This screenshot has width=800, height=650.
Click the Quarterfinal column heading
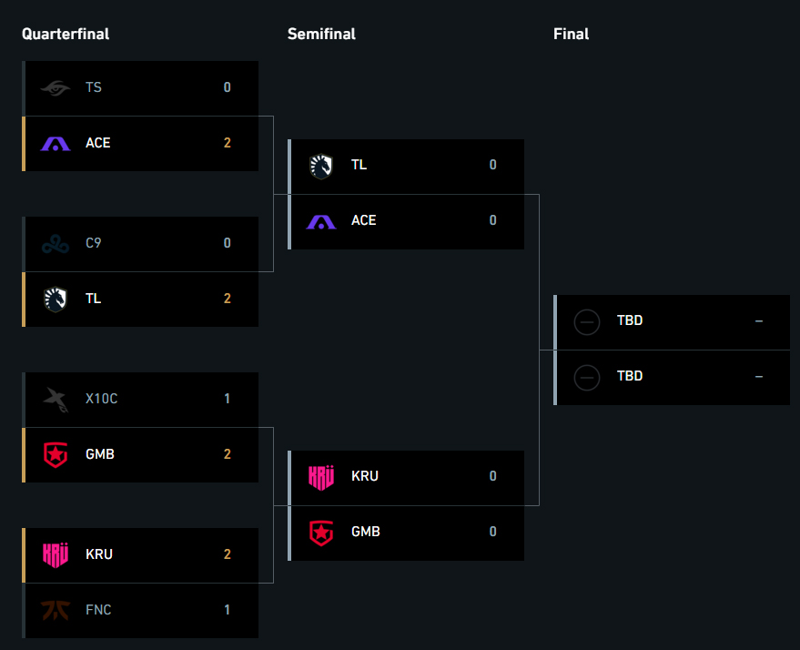pyautogui.click(x=66, y=35)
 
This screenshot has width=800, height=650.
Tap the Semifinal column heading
pyautogui.click(x=321, y=35)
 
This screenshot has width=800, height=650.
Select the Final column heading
pyautogui.click(x=571, y=35)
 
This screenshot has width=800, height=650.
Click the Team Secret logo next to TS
pyautogui.click(x=56, y=88)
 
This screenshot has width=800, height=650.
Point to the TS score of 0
pyautogui.click(x=227, y=87)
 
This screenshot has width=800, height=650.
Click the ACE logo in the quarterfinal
pyautogui.click(x=56, y=144)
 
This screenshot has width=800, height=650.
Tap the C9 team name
pyautogui.click(x=94, y=243)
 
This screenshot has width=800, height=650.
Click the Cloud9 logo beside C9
pyautogui.click(x=56, y=244)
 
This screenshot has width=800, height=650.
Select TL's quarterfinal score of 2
pyautogui.click(x=227, y=299)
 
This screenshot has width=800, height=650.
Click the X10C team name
pyautogui.click(x=102, y=399)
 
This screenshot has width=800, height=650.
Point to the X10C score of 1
pyautogui.click(x=227, y=399)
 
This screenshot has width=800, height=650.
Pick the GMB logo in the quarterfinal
pyautogui.click(x=56, y=454)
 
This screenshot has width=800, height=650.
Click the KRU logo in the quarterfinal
pyautogui.click(x=56, y=555)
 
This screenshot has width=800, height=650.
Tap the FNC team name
pyautogui.click(x=98, y=610)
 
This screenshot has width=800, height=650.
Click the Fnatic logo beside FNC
pyautogui.click(x=56, y=610)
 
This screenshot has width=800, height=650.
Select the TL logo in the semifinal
pyautogui.click(x=321, y=167)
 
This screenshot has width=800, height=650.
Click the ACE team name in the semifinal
pyautogui.click(x=364, y=220)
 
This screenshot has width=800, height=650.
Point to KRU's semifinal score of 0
pyautogui.click(x=493, y=476)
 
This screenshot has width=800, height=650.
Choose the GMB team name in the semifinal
pyautogui.click(x=366, y=532)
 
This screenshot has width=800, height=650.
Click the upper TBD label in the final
pyautogui.click(x=630, y=320)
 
